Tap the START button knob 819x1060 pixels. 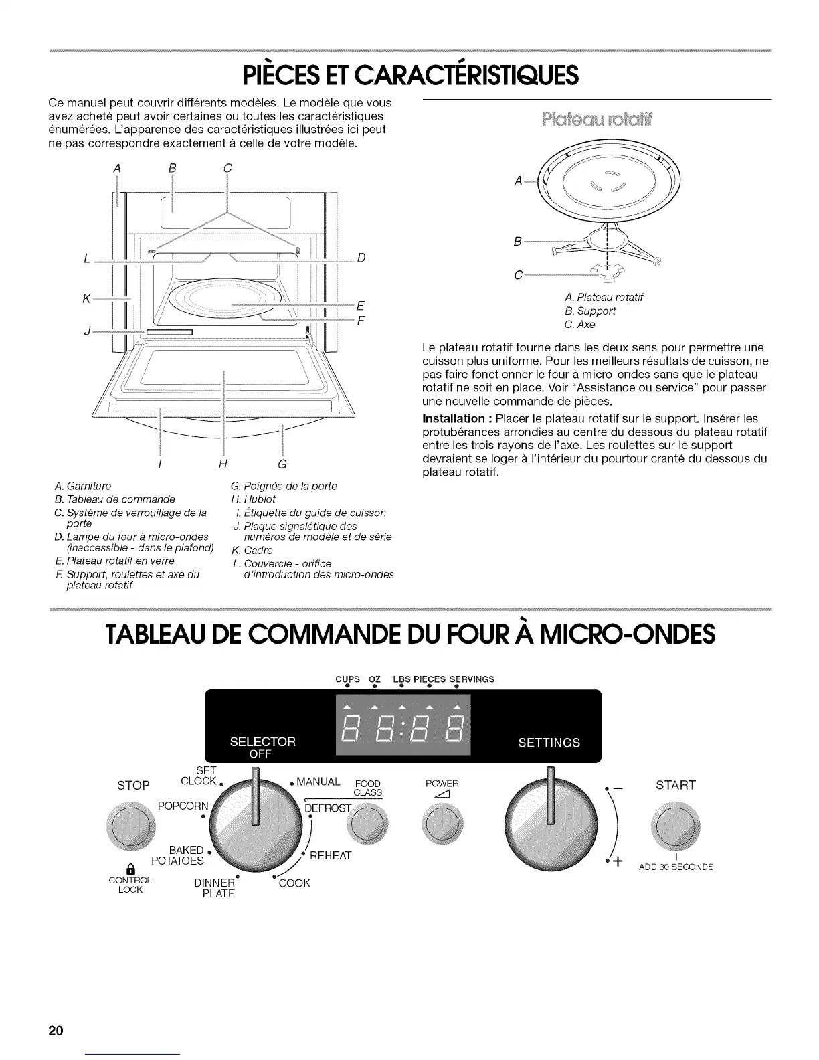click(x=676, y=830)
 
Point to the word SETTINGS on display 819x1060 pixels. click(x=549, y=743)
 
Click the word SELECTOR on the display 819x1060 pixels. click(x=262, y=741)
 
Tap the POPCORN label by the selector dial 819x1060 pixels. click(x=183, y=805)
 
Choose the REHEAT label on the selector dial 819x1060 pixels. click(x=331, y=856)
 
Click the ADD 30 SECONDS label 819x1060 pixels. click(x=676, y=867)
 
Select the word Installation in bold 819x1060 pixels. click(x=448, y=419)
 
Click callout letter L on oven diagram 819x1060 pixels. click(x=87, y=259)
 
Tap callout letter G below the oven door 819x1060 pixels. click(x=282, y=465)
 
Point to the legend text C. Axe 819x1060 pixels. click(x=579, y=325)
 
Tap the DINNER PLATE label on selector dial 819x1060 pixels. click(x=215, y=888)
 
